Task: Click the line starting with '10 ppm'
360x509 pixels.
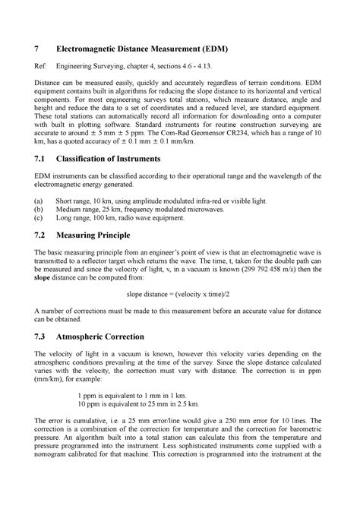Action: tap(133, 448)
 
